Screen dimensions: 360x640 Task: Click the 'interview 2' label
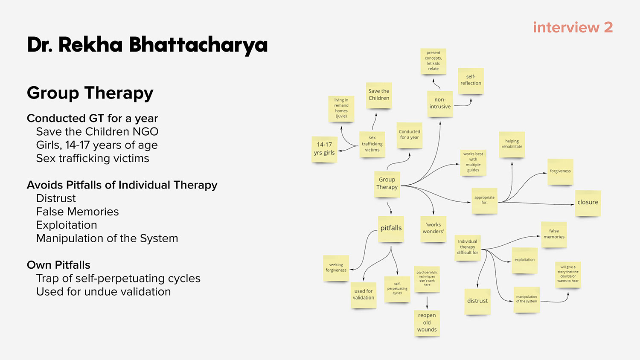tap(573, 27)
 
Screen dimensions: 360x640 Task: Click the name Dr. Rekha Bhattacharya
tap(147, 45)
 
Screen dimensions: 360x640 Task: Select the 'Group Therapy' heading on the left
tap(90, 93)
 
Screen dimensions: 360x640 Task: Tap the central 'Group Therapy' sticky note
tap(387, 184)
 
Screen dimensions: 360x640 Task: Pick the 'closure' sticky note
tap(588, 203)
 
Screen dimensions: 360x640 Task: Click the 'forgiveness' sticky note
tap(560, 171)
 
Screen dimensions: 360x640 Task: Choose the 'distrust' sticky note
tap(477, 301)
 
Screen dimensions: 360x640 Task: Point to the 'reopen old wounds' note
tap(427, 322)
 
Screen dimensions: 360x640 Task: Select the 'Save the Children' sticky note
tap(379, 95)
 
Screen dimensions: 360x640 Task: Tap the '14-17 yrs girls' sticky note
tap(324, 149)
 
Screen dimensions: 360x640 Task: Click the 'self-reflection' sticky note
tap(471, 81)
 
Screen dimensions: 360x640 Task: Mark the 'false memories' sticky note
tap(554, 234)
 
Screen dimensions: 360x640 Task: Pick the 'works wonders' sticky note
tap(433, 228)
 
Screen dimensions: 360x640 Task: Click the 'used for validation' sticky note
tap(363, 295)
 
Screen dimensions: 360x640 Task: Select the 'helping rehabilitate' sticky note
tap(512, 144)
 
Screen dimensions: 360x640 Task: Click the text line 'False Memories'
tap(77, 212)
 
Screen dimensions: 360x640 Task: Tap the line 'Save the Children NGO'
tap(97, 132)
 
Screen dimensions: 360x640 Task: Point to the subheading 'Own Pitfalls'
tap(58, 265)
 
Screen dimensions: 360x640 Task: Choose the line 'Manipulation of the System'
tap(107, 238)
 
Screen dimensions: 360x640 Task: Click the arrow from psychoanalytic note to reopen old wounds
tap(427, 302)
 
